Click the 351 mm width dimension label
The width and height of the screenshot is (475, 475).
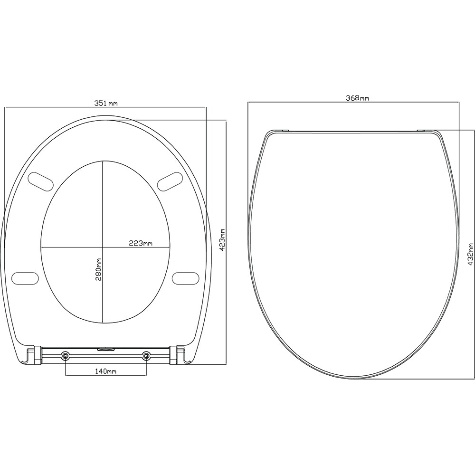click(x=105, y=103)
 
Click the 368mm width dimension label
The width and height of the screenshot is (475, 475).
click(x=357, y=98)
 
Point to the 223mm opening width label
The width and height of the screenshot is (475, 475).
click(x=141, y=243)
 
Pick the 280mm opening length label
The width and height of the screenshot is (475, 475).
click(x=98, y=269)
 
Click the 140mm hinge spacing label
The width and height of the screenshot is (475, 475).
click(x=105, y=371)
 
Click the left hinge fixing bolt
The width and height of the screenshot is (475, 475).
click(x=65, y=355)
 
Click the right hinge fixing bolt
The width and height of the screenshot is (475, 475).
click(x=146, y=355)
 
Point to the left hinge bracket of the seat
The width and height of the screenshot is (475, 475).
click(x=32, y=355)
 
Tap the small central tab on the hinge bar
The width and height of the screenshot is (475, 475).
click(x=105, y=349)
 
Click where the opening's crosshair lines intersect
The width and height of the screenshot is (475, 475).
click(x=102, y=247)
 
